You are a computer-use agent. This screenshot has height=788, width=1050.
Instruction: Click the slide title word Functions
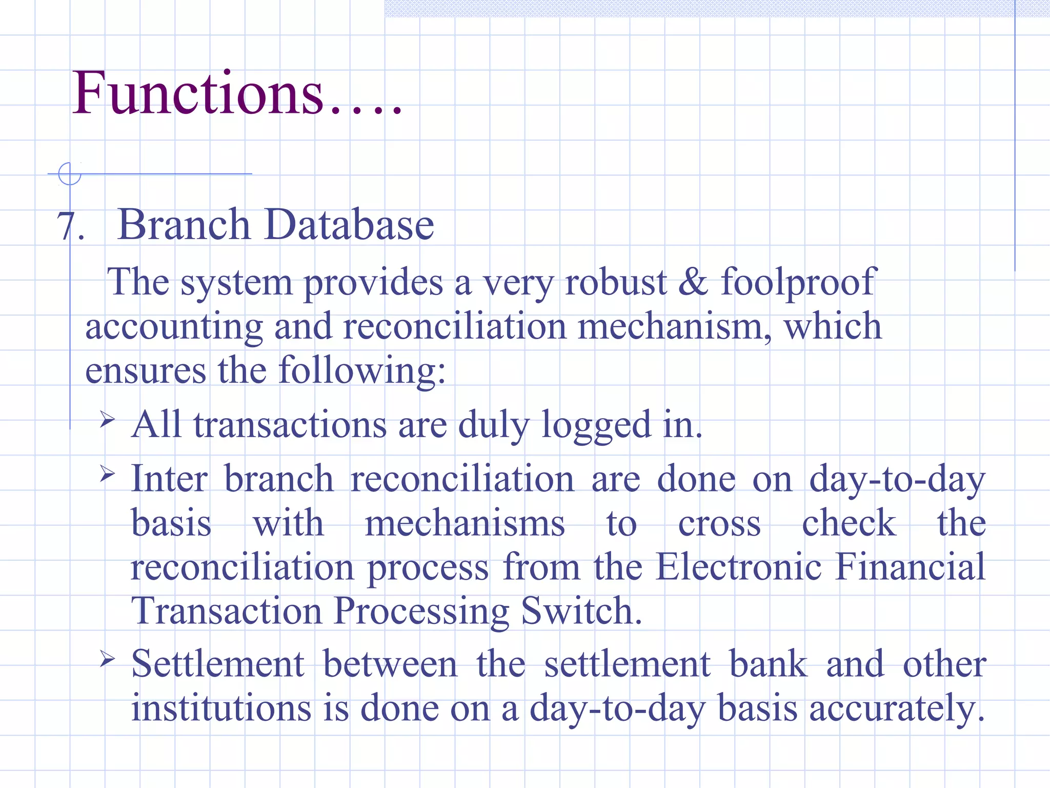point(198,93)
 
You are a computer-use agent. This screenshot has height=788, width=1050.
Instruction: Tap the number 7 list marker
point(66,226)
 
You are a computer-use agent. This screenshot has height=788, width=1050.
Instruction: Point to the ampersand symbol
point(694,282)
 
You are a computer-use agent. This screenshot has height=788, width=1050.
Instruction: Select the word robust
point(615,282)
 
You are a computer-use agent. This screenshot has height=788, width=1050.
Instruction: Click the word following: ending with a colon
point(362,370)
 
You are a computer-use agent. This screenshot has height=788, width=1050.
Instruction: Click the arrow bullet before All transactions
point(107,420)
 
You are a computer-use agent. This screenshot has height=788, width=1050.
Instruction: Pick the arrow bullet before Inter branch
point(107,474)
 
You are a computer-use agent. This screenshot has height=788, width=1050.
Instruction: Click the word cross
point(719,523)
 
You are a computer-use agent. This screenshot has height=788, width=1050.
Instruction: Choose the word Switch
point(581,611)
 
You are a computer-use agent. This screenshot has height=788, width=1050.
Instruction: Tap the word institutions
point(221,707)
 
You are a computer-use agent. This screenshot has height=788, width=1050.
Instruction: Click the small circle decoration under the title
point(70,173)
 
